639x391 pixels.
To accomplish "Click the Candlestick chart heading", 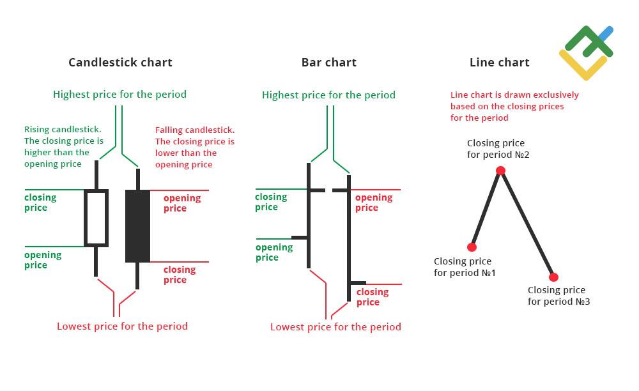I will tap(120, 63).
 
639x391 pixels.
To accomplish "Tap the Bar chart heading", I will tap(328, 63).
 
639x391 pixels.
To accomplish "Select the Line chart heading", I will tap(499, 63).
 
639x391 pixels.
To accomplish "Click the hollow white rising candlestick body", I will tap(96, 218).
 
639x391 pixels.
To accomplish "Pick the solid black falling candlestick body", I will tap(137, 226).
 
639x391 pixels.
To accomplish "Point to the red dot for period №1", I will tap(472, 247).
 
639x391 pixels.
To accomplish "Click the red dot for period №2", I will tap(500, 171).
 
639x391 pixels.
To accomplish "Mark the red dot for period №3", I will tap(553, 277).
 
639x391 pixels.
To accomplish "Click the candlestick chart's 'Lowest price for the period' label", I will tap(122, 326).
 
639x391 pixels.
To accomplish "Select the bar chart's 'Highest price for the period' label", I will tap(328, 95).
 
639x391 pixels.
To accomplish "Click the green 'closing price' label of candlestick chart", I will tap(40, 203).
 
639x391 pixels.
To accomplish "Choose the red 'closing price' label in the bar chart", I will tap(372, 297).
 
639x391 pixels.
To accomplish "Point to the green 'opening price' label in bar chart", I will tap(273, 252).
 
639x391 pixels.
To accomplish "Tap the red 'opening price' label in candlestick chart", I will tap(181, 203).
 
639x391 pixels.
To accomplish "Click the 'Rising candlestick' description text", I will tap(63, 147).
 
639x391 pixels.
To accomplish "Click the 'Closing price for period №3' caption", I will tap(558, 296).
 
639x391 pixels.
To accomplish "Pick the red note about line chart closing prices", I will tap(514, 106).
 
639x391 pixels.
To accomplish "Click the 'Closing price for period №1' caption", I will tap(464, 267).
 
